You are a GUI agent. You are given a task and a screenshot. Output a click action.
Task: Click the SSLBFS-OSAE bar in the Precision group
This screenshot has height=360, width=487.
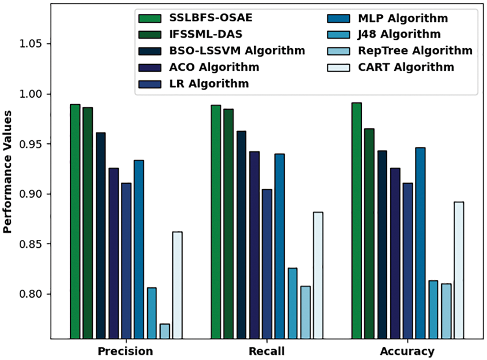pos(75,221)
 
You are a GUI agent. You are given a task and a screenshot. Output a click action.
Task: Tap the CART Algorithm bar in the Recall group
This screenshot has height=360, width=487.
pos(318,275)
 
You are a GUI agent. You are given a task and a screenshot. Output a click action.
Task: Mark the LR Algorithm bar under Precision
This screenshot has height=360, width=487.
pos(126,261)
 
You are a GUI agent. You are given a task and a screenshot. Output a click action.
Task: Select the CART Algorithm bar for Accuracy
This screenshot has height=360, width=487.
pos(458,270)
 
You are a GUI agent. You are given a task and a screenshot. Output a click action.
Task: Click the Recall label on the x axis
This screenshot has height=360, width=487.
pos(266,351)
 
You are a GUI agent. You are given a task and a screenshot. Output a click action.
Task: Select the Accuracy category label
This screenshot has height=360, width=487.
pos(407,351)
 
